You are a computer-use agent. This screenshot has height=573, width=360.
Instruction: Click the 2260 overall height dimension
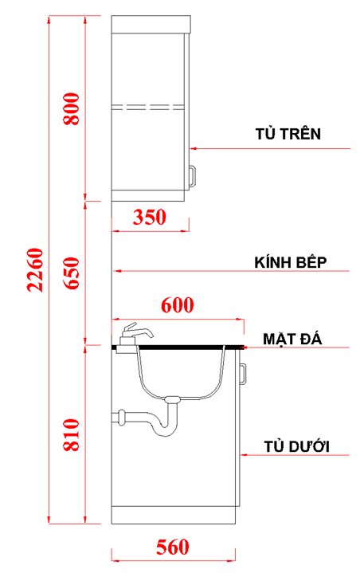pos(34,269)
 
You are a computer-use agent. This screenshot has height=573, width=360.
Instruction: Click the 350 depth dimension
pos(150,217)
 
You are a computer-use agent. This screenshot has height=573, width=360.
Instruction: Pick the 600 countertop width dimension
pos(178,304)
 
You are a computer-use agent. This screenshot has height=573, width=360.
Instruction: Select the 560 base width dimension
pos(172,547)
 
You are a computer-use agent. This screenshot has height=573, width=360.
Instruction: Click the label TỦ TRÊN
pos(288,133)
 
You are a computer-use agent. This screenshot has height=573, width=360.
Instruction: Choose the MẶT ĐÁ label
pos(292,339)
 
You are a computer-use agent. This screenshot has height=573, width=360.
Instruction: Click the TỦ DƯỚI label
pos(296,445)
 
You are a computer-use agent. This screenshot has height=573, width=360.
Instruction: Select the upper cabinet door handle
pos(192,175)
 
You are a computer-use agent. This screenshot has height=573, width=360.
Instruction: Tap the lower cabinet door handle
pos(244,374)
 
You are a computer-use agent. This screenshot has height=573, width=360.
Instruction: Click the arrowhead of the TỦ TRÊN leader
pos(194,148)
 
